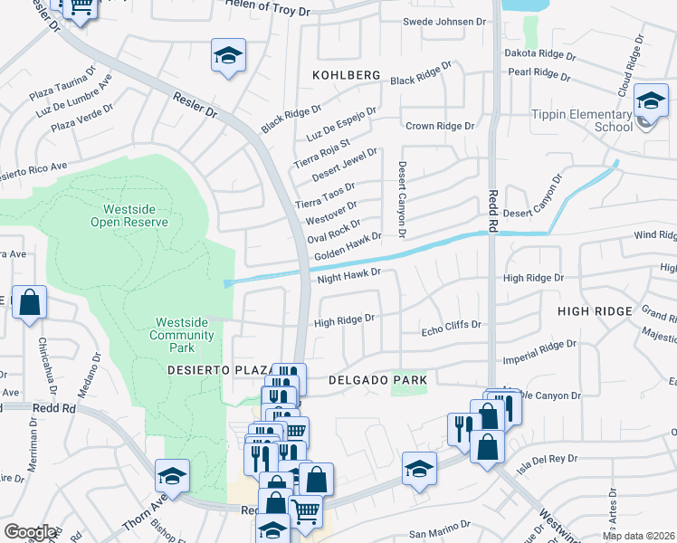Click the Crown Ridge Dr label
[x=440, y=127]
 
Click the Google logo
[x=30, y=532]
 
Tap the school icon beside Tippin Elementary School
[x=650, y=102]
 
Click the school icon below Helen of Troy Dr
[x=229, y=55]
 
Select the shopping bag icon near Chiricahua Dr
[x=29, y=302]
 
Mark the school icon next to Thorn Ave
[x=170, y=476]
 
